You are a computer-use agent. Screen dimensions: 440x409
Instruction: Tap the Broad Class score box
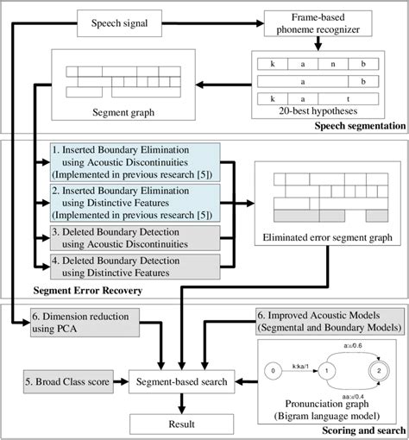point(67,378)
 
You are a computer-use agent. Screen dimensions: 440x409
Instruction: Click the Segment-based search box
point(180,378)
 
